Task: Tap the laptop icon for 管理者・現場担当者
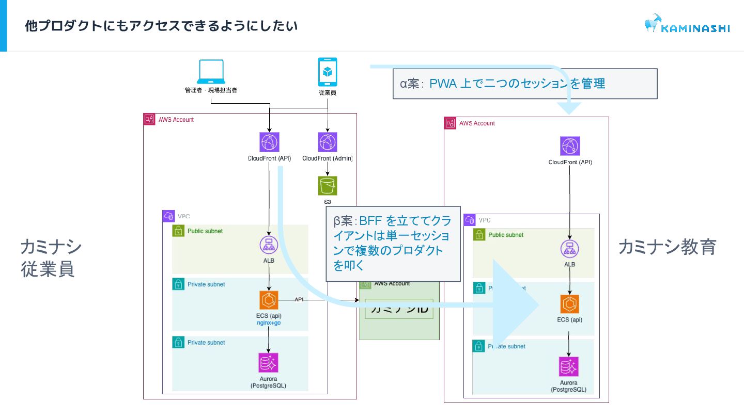[x=211, y=72]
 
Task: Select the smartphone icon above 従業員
[x=327, y=72]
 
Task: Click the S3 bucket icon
[x=328, y=186]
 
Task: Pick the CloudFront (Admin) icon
[x=327, y=142]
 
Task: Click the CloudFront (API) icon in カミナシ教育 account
[x=570, y=147]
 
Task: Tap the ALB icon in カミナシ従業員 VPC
[x=269, y=245]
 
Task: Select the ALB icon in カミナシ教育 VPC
[x=570, y=249]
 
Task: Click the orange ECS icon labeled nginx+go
[x=269, y=300]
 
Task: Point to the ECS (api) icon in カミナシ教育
[x=569, y=304]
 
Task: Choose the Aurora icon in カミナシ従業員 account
[x=268, y=363]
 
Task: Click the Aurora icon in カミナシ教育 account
[x=569, y=367]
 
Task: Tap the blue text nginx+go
[x=269, y=323]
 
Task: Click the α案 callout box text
[x=502, y=84]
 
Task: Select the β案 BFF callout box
[x=393, y=244]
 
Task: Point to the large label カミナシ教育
[x=667, y=247]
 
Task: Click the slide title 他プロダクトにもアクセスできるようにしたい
[x=161, y=26]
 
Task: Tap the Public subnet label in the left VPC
[x=205, y=231]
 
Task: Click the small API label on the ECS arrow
[x=299, y=299]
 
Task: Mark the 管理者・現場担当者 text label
[x=211, y=90]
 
